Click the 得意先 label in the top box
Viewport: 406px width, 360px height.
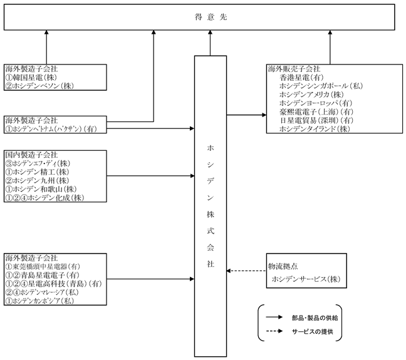click(x=211, y=17)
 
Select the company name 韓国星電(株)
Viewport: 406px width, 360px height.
click(x=34, y=78)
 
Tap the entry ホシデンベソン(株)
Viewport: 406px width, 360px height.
click(x=43, y=86)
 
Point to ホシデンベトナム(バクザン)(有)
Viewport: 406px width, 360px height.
click(x=55, y=129)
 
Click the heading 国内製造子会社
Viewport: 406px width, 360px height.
click(x=31, y=155)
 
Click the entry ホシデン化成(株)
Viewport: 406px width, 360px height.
click(x=56, y=198)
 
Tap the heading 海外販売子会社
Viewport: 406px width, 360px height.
click(x=294, y=69)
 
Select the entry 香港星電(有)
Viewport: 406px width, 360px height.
click(x=301, y=78)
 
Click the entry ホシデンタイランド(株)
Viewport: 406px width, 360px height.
click(x=315, y=129)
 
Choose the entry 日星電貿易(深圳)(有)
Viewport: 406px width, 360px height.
click(x=316, y=120)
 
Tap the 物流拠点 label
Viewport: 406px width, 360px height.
click(x=283, y=266)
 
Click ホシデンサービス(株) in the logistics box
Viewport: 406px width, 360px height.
click(x=306, y=279)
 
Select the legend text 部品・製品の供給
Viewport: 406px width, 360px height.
click(x=315, y=318)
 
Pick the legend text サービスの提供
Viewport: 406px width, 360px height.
click(x=313, y=332)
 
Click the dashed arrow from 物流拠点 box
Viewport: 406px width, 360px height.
click(x=246, y=270)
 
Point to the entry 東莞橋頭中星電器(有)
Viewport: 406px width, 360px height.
click(x=46, y=266)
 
